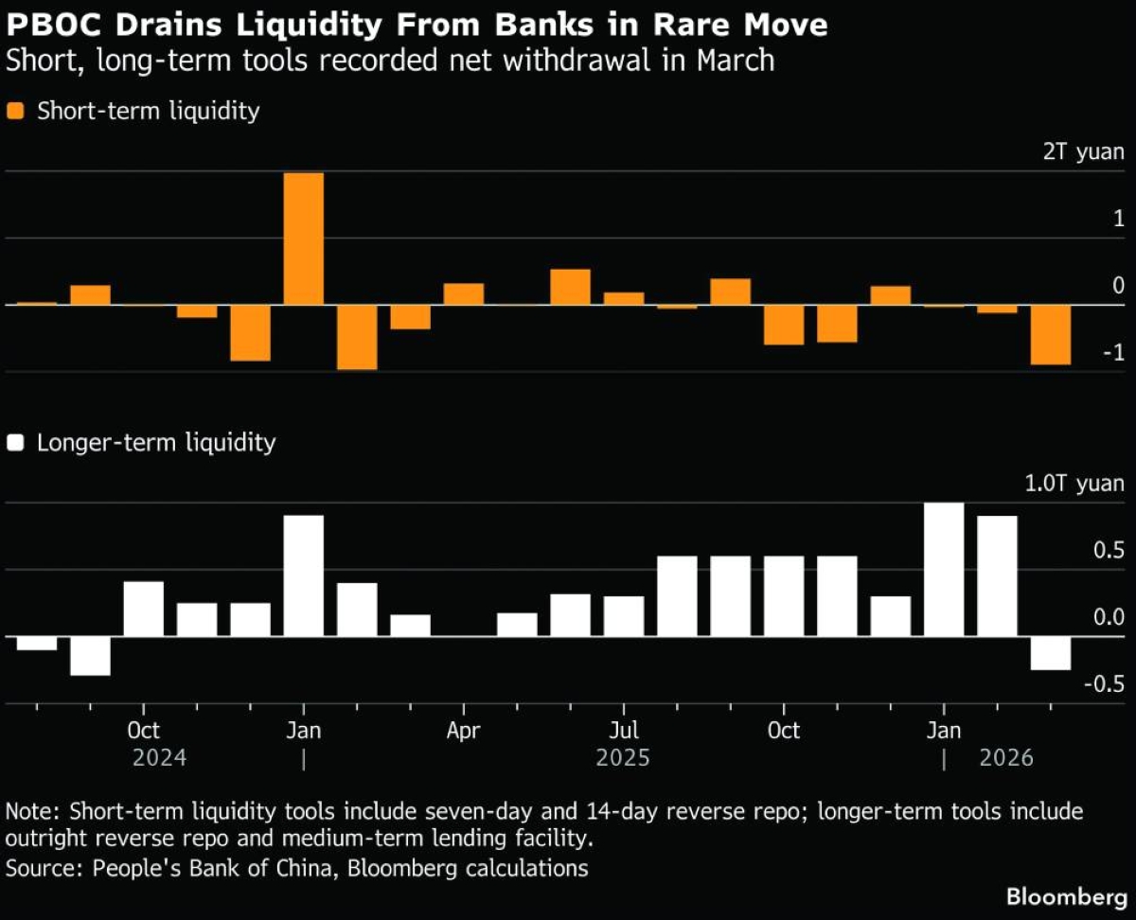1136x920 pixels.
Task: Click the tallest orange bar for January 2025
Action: (x=304, y=239)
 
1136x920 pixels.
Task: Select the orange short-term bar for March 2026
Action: (x=1051, y=334)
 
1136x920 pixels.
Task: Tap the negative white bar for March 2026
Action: (x=1051, y=653)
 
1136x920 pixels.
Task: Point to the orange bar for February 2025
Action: (x=357, y=337)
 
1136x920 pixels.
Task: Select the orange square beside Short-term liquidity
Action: (x=16, y=111)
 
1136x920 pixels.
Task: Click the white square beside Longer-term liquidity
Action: (x=16, y=442)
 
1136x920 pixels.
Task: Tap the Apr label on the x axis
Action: (x=464, y=731)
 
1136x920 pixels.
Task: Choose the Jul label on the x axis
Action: (x=624, y=731)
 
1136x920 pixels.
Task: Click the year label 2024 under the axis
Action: (x=159, y=758)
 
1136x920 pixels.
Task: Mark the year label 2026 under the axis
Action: (x=1006, y=758)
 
